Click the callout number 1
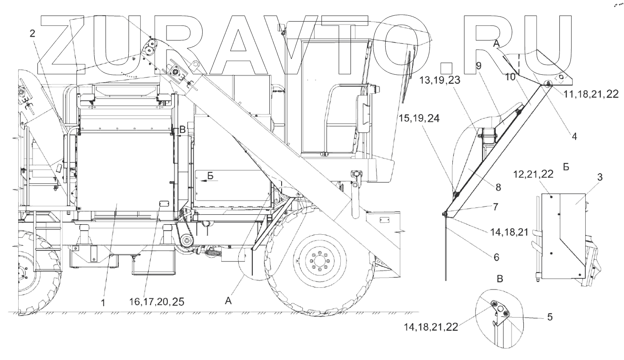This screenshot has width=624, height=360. tap(103, 303)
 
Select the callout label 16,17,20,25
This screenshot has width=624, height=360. tap(157, 301)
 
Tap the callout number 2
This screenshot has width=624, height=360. tap(33, 34)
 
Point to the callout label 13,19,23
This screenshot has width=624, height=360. tap(440, 80)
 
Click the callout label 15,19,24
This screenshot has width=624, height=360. tap(419, 118)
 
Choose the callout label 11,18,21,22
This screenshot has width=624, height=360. tap(591, 94)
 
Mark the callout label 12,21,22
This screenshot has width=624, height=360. tap(533, 174)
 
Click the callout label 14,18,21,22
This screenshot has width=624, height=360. tap(431, 327)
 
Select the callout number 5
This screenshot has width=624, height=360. tap(550, 317)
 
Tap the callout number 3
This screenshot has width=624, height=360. tap(600, 177)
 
